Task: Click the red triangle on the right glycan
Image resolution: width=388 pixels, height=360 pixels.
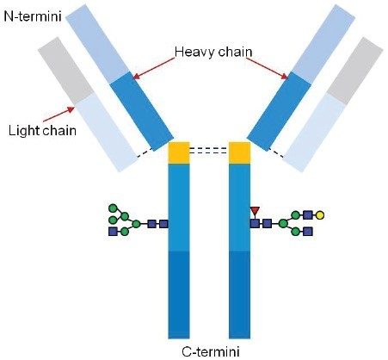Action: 255,209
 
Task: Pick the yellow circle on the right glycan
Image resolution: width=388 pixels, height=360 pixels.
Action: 320,214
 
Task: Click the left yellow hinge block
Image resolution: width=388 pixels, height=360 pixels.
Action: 179,152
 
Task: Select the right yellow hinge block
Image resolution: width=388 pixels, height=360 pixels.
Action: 239,152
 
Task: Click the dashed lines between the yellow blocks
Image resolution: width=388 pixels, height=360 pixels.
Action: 209,150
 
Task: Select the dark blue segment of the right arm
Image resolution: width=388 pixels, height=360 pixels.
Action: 280,109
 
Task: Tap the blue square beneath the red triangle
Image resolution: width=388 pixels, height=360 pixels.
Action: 255,223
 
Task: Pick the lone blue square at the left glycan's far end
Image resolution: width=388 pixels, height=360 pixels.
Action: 113,232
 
